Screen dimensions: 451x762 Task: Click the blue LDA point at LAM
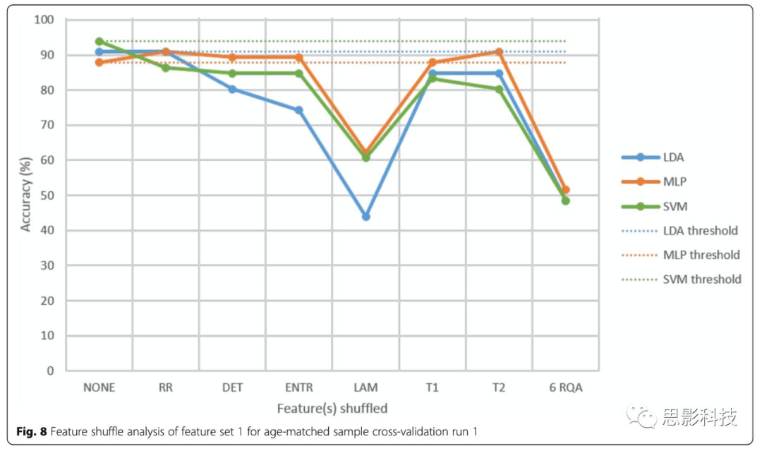point(365,217)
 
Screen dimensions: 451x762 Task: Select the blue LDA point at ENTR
point(298,110)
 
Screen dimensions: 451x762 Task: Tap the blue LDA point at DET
point(232,89)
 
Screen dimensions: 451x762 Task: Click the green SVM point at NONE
point(99,42)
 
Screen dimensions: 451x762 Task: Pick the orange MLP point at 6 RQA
point(565,190)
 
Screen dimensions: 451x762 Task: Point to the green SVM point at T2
point(499,90)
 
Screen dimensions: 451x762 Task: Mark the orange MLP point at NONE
point(99,62)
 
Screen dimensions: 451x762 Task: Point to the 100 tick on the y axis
point(44,20)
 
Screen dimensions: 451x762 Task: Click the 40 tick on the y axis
point(47,231)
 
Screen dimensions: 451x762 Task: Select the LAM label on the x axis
point(365,387)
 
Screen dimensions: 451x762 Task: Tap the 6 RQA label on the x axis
point(565,387)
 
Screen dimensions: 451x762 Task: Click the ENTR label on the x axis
point(298,387)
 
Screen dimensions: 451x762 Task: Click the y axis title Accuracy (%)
point(26,195)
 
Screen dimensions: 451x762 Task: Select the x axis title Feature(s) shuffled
point(332,408)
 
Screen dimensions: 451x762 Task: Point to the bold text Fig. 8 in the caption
point(32,431)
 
